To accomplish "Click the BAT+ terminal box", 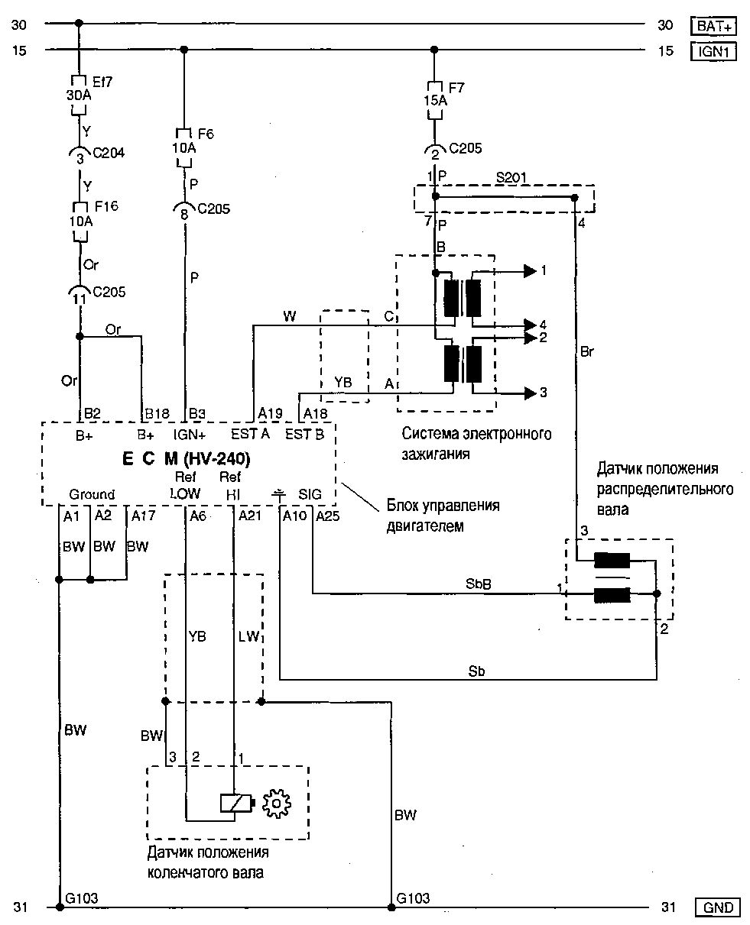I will (x=714, y=26).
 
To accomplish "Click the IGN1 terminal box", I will (x=714, y=51).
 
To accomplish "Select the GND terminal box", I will (x=717, y=907).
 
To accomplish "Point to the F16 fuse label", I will (x=105, y=207).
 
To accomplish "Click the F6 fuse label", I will (x=204, y=134).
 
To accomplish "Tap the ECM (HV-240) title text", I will (x=186, y=460).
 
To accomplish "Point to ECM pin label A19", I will (x=270, y=413).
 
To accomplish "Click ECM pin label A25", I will (x=328, y=517).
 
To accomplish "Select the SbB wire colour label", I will (x=478, y=584).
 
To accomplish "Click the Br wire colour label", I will (x=587, y=352).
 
